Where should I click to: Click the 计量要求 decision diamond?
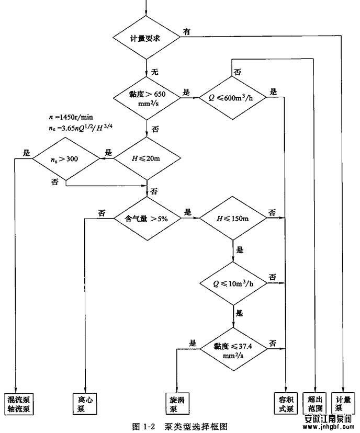[147, 38]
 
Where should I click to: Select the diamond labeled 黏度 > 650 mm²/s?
[147, 96]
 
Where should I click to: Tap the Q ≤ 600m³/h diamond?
[233, 96]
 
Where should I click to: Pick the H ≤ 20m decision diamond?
[147, 158]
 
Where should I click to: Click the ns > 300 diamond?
[66, 158]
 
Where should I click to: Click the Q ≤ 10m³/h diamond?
[233, 284]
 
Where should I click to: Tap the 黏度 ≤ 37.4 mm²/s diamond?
[233, 348]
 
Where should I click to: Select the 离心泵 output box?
[83, 403]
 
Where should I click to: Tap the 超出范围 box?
[317, 403]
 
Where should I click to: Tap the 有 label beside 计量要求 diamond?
[186, 31]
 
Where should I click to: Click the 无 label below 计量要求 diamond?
[154, 71]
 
